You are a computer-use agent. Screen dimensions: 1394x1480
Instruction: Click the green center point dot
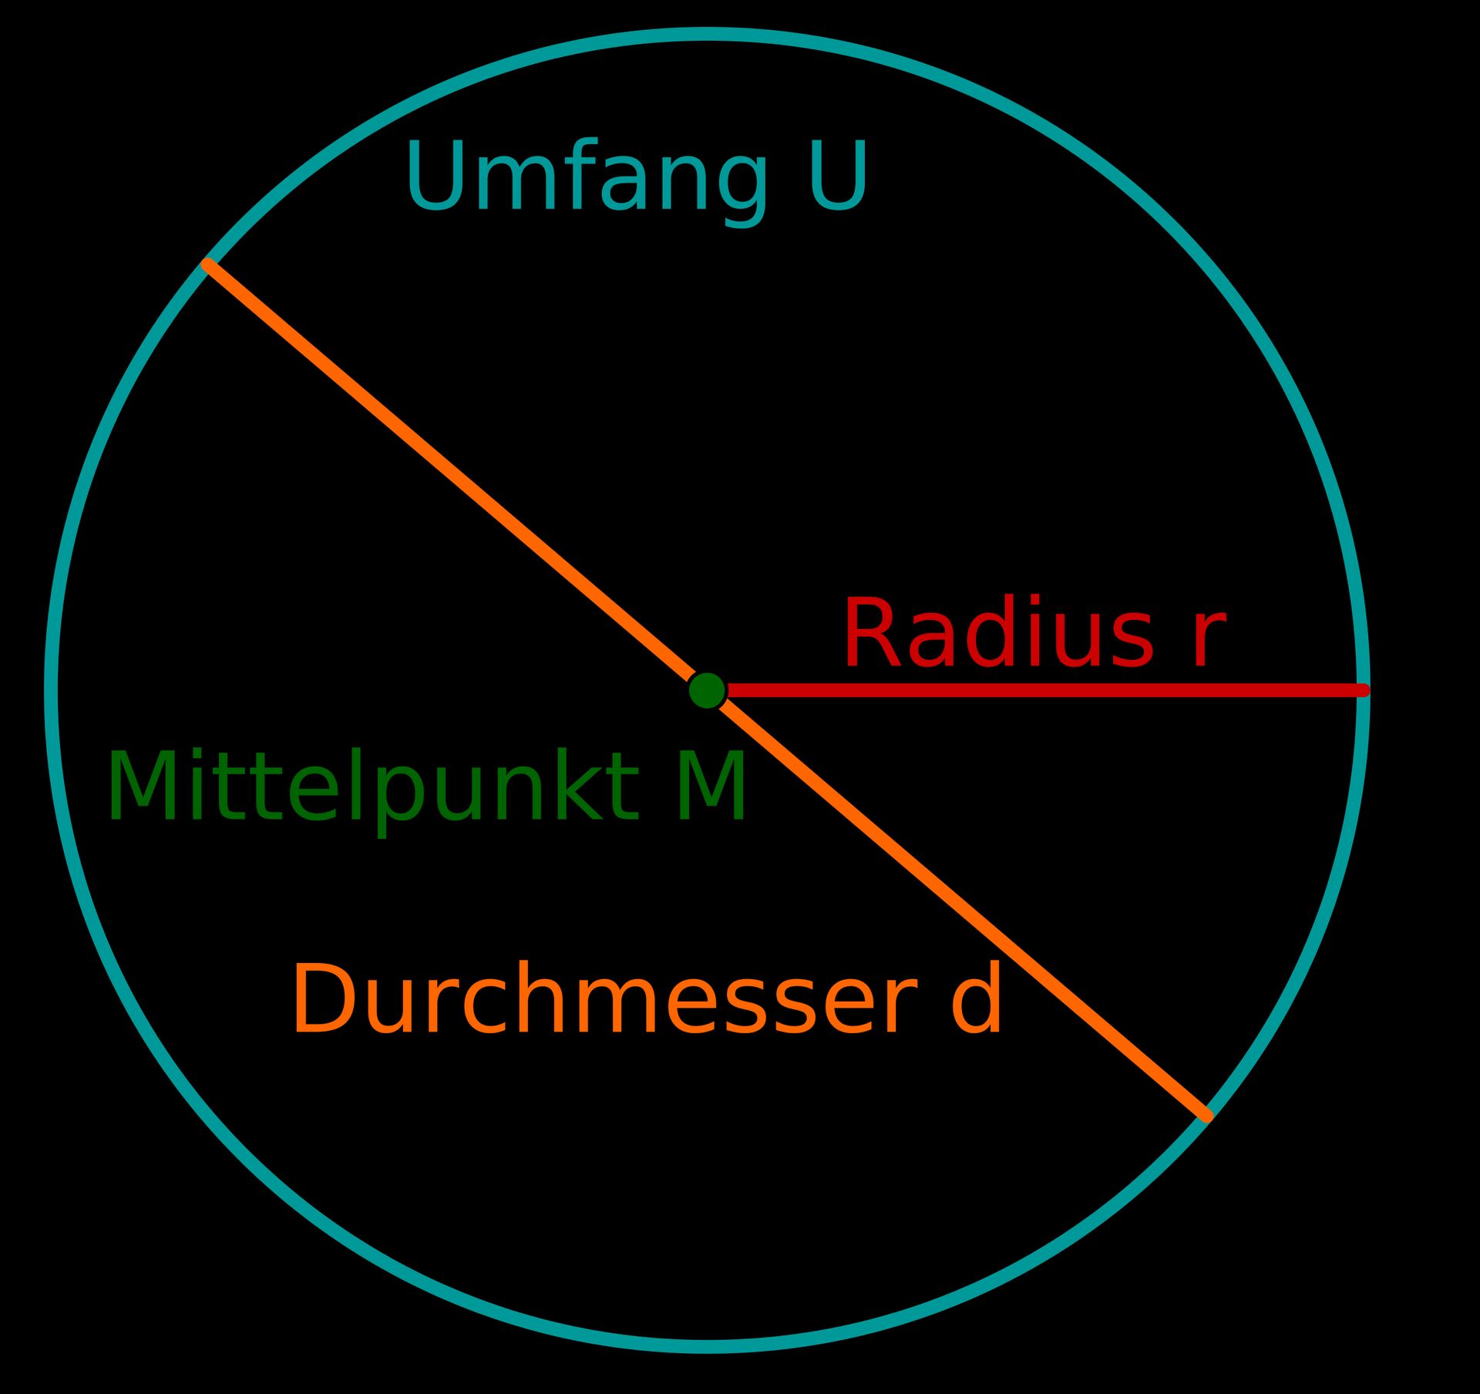pos(707,690)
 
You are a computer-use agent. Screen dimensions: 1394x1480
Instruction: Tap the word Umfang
pos(587,176)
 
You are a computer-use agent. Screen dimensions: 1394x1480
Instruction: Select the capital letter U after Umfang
pos(839,175)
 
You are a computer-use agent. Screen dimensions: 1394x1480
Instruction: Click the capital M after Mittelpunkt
pos(711,787)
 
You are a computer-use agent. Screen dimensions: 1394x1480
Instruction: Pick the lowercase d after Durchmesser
pos(977,999)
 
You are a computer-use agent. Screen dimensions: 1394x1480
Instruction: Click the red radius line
pos(1041,690)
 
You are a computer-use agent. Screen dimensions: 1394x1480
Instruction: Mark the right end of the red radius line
pos(1363,690)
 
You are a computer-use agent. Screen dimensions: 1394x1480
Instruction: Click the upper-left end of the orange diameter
pos(207,264)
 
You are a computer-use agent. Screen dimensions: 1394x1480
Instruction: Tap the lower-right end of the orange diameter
pos(1207,1116)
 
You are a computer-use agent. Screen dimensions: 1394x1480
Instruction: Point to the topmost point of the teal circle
pos(707,34)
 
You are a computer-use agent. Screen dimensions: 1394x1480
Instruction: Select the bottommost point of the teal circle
pos(707,1347)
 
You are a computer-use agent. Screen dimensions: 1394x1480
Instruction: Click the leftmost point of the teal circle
pos(52,690)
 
